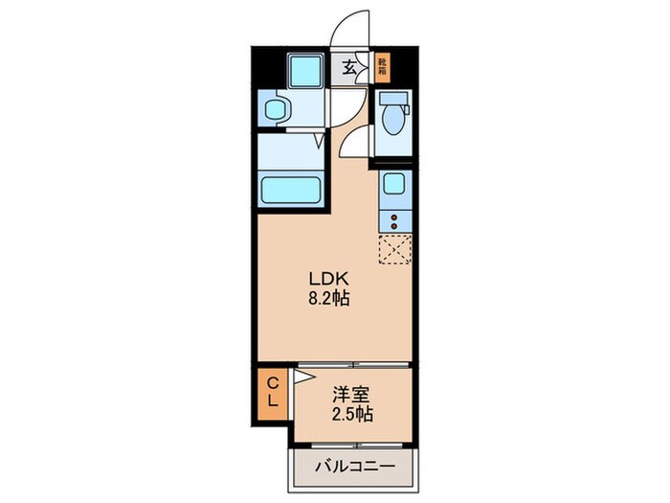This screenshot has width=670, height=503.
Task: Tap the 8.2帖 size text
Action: pos(328,298)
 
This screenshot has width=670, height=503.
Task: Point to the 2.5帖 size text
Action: pos(353,415)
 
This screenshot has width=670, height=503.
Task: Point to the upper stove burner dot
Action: pos(392,214)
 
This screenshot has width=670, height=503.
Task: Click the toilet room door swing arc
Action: pos(354,144)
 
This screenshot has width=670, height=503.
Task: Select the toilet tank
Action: pos(392,98)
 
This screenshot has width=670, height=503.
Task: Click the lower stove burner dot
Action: pos(392,225)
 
